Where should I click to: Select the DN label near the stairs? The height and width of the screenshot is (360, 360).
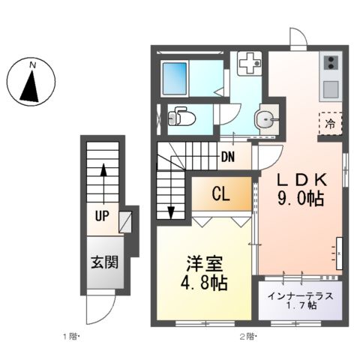click(x=229, y=157)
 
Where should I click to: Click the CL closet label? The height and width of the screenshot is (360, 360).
click(x=220, y=195)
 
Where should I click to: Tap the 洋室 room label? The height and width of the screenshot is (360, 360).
click(x=205, y=265)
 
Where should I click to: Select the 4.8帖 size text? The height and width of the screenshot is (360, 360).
click(x=205, y=284)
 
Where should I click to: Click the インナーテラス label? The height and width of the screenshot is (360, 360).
click(x=301, y=295)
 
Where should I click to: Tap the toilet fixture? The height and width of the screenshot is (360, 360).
click(x=180, y=117)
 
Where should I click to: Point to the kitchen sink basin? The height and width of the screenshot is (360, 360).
click(x=331, y=88)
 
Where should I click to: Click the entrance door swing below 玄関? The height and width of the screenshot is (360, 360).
click(x=100, y=307)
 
